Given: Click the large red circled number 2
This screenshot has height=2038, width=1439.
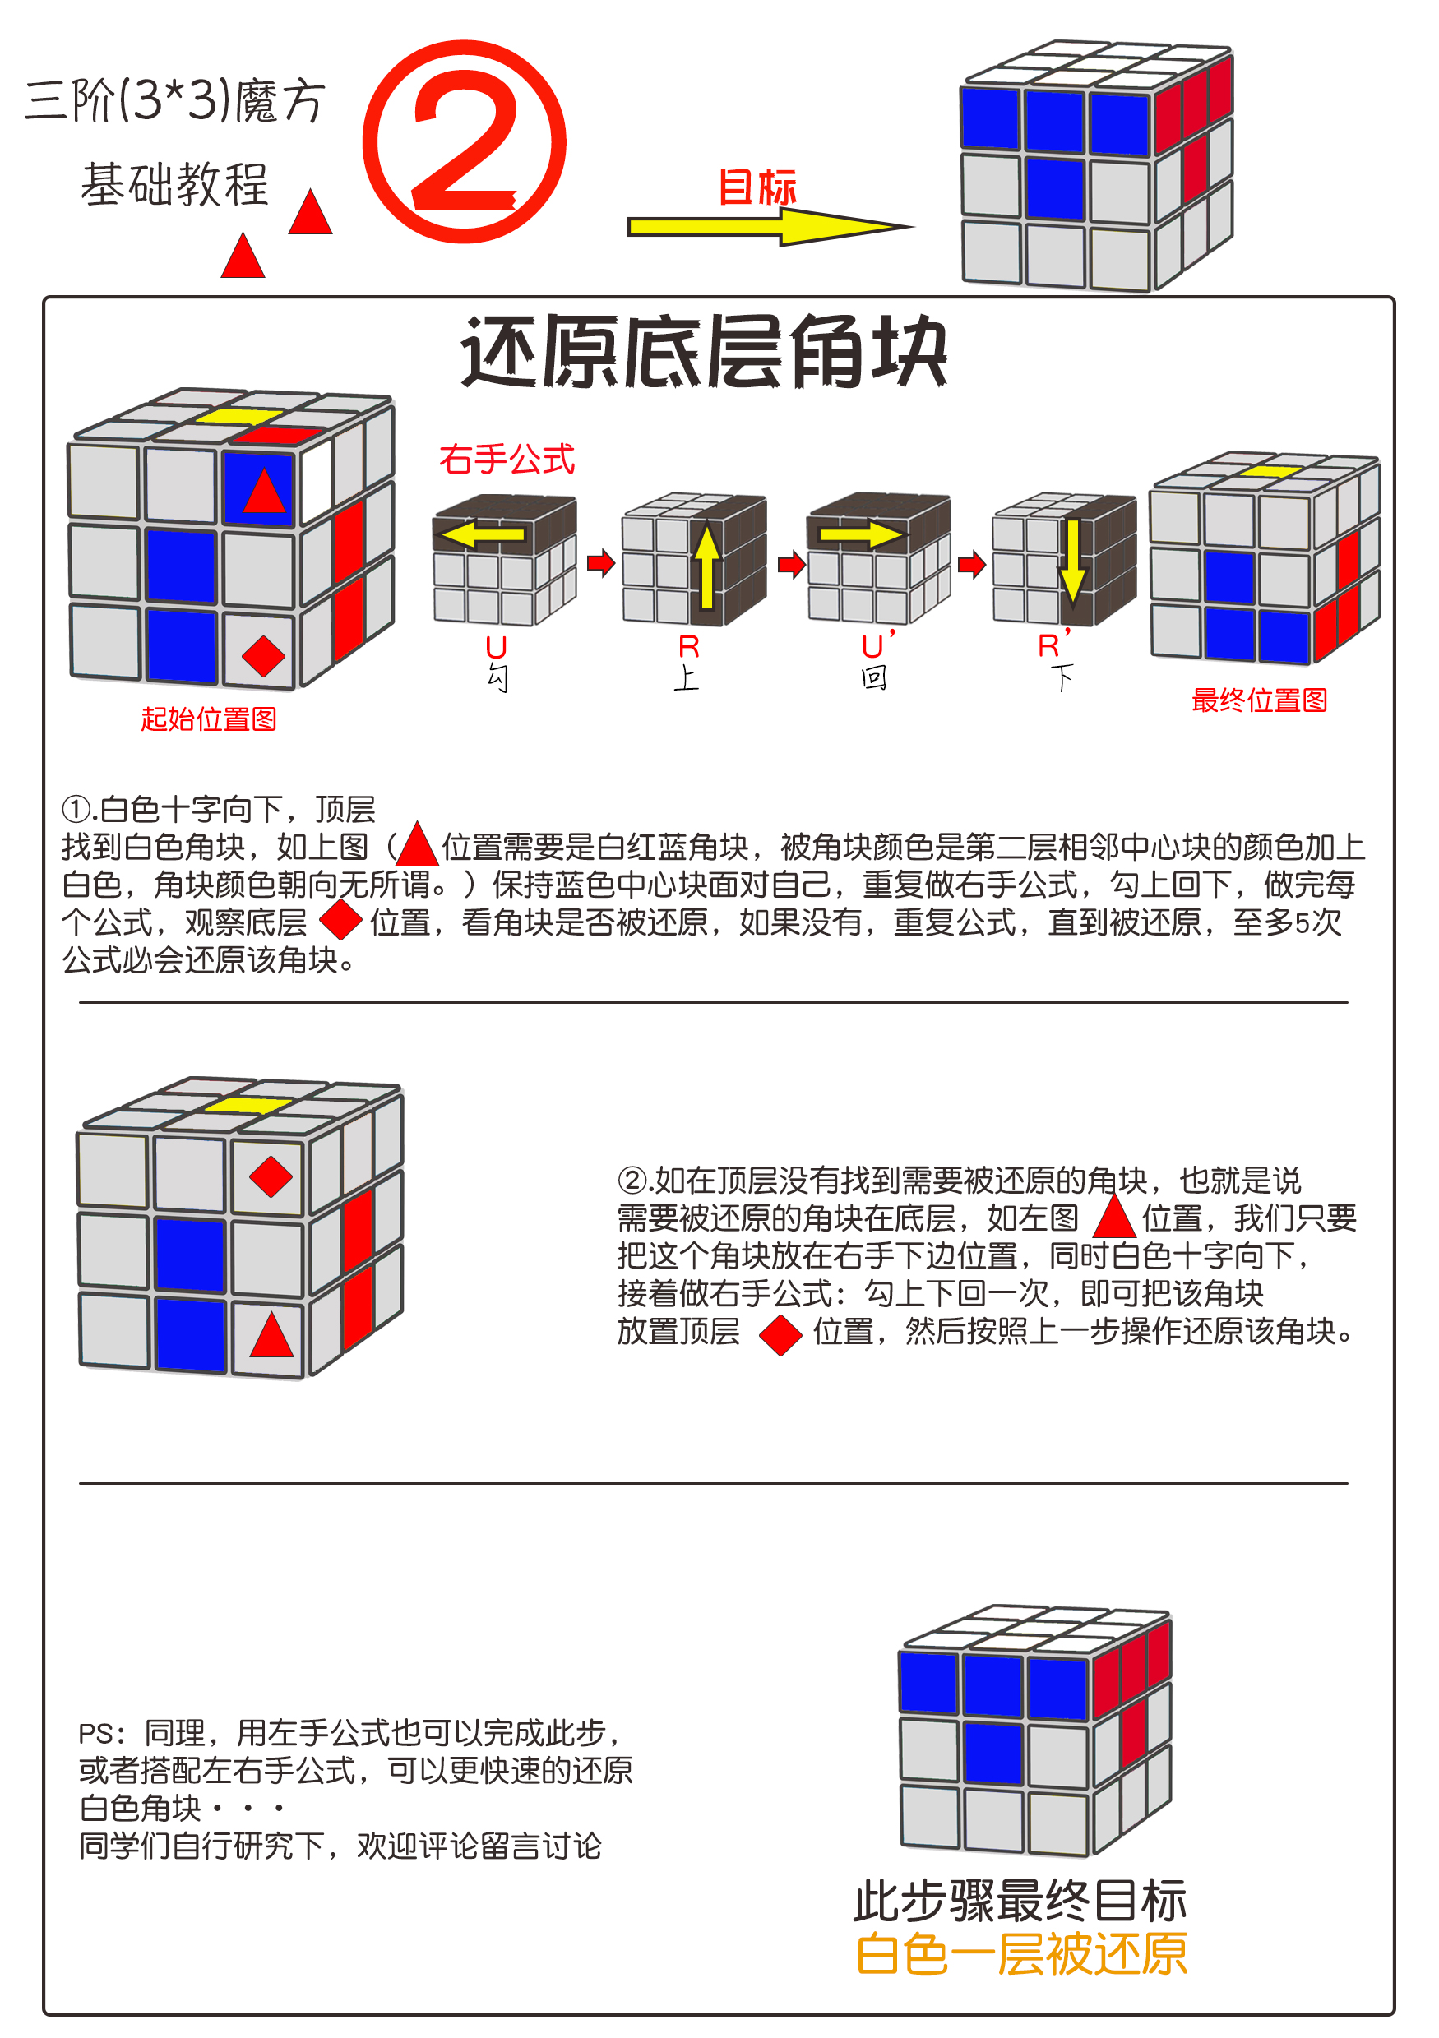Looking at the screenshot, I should [465, 142].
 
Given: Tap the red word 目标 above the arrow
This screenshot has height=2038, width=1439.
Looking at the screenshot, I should [757, 187].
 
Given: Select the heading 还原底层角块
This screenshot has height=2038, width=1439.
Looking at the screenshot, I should [704, 353].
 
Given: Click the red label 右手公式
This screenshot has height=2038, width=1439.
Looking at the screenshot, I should [507, 460].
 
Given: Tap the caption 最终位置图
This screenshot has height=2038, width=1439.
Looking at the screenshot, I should [1259, 700].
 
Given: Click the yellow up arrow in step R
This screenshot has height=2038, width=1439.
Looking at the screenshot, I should [706, 566].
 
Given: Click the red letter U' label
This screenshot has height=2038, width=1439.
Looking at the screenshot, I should [877, 646].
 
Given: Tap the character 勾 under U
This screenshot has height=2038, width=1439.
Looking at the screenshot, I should [497, 679].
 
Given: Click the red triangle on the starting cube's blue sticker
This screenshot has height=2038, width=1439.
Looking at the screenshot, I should [264, 492].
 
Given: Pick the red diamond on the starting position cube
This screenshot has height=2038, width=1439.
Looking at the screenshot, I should [263, 657].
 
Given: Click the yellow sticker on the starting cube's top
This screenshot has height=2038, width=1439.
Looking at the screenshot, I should [238, 416].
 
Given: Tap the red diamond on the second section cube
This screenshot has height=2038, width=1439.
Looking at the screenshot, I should [271, 1177].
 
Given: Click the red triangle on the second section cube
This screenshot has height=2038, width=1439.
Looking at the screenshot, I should [271, 1336].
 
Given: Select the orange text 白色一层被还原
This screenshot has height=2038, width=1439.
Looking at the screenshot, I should [1021, 1955].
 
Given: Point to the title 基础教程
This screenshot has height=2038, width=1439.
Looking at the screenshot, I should [175, 185].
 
